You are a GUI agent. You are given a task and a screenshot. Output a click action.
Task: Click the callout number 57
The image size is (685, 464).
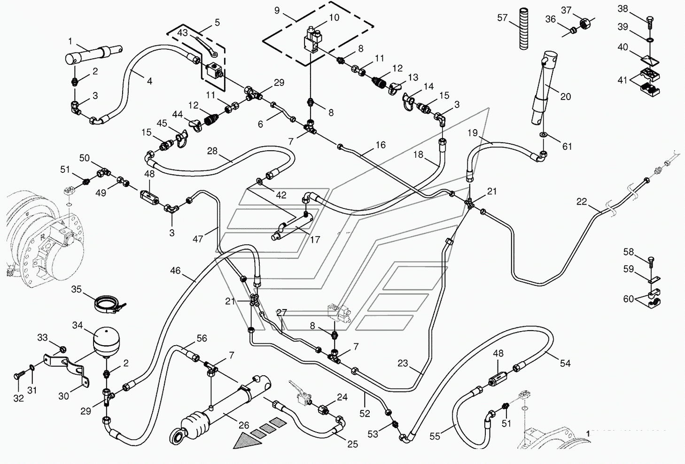click(502, 18)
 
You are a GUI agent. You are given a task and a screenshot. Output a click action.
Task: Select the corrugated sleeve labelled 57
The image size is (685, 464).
click(524, 29)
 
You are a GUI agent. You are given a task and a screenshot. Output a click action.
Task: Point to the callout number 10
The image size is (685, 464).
click(334, 17)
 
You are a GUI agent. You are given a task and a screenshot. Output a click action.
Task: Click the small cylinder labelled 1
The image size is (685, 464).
click(93, 54)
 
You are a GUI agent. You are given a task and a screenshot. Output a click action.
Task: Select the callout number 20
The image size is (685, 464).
click(566, 97)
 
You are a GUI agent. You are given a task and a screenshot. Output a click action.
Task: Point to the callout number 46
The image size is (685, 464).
click(175, 271)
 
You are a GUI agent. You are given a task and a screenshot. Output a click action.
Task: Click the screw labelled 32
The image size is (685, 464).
click(19, 376)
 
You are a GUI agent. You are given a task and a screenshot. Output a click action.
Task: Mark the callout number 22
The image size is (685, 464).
click(582, 202)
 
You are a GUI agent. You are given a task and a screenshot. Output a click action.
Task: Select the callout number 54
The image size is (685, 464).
click(565, 363)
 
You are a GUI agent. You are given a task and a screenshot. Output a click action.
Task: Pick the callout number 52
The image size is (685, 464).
click(365, 413)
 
